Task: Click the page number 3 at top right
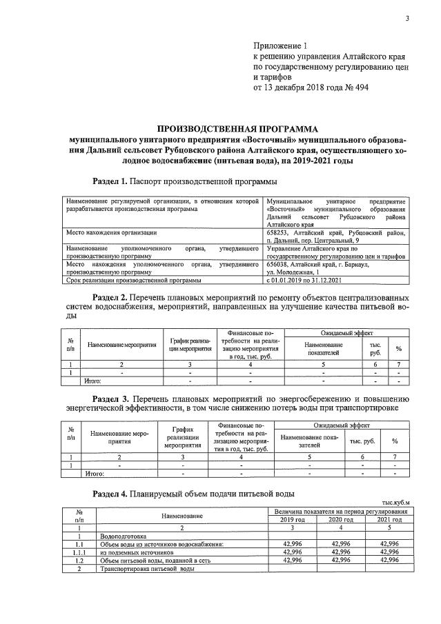click(x=407, y=19)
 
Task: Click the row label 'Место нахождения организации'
click(x=111, y=233)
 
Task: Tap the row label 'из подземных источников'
click(x=135, y=552)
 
